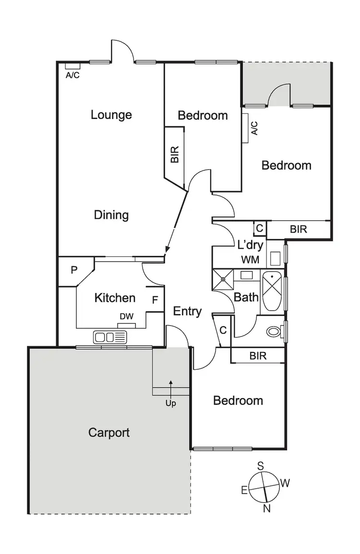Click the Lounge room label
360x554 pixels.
(111, 115)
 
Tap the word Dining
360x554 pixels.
(111, 215)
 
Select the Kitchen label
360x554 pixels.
(115, 298)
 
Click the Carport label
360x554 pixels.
(109, 433)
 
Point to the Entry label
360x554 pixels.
(187, 312)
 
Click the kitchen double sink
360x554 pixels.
(110, 337)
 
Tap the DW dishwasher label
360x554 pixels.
(126, 316)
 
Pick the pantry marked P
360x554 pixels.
(74, 270)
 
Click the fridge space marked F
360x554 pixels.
(155, 300)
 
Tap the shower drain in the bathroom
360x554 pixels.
(223, 278)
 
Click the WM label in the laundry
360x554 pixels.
(251, 260)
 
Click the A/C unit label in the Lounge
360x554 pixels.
(73, 74)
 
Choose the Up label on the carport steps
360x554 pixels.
(170, 403)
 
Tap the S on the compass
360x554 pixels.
(261, 465)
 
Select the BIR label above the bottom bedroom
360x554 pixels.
(258, 356)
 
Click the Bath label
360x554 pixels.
(246, 297)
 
